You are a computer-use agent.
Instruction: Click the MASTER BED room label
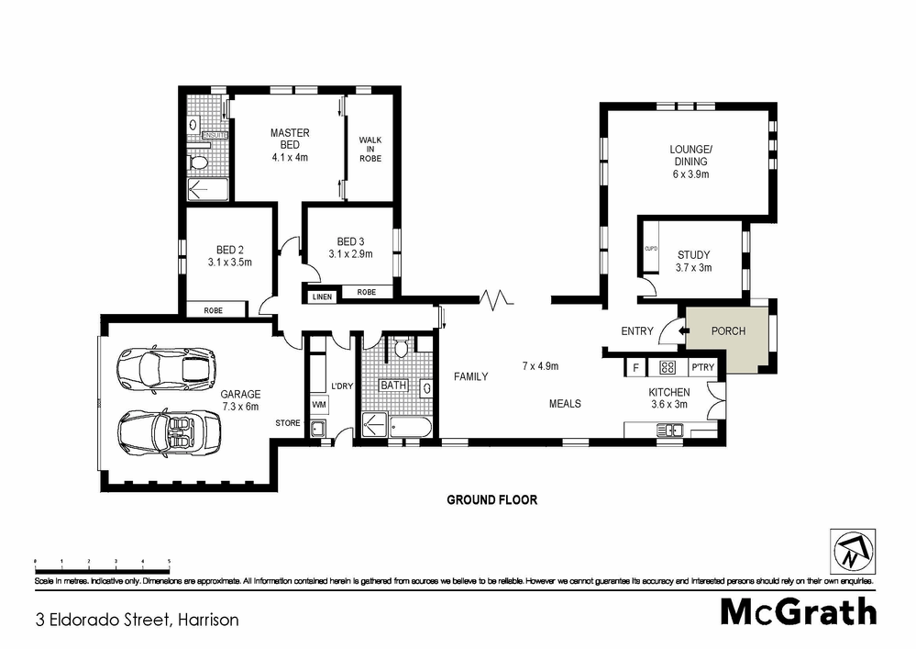290,140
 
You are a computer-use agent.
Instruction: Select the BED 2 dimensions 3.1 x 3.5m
229,263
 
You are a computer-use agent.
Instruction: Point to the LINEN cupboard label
322,297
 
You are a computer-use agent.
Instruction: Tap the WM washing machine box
319,404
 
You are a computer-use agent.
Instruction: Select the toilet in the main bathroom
400,348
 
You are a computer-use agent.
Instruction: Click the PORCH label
728,331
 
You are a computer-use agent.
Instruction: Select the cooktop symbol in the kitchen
668,368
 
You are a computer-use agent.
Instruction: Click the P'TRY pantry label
702,368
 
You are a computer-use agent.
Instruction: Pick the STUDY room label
693,255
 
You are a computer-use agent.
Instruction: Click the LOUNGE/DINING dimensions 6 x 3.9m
690,174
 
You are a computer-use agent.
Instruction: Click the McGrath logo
798,612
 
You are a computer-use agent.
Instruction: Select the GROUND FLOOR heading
491,500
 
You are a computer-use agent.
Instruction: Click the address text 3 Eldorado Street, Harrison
137,620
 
